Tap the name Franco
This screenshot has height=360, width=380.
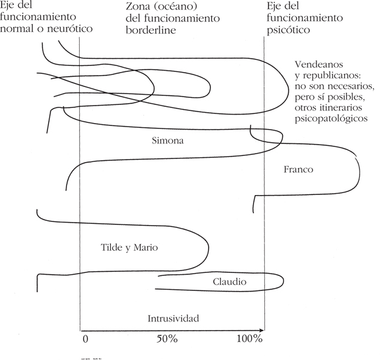click(298, 170)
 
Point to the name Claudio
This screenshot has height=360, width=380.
click(230, 281)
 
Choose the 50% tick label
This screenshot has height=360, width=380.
click(167, 338)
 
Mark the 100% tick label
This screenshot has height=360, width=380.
click(249, 338)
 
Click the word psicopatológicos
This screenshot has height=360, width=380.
click(331, 119)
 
